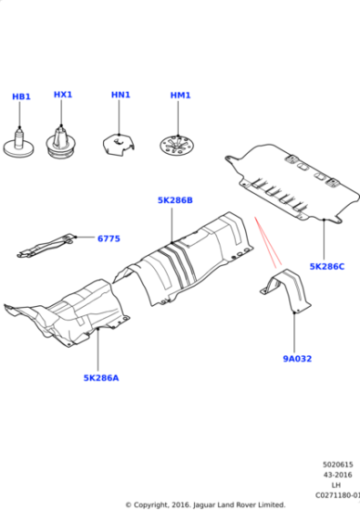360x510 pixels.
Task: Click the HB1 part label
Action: point(21,97)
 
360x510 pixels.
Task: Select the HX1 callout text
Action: point(63,95)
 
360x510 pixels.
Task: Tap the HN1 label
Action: point(120,95)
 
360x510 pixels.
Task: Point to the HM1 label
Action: point(180,96)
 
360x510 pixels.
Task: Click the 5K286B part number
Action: point(175,200)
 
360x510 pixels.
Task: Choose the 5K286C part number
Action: point(327,266)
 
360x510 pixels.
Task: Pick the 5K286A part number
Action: point(101,378)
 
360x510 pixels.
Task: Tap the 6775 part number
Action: point(108,239)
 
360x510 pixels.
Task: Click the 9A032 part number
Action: point(297,359)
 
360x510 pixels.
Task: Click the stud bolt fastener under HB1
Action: point(19,144)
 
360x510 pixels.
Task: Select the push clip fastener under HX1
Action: point(61,142)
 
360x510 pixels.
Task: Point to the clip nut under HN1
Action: point(118,145)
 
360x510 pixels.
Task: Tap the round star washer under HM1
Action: point(177,147)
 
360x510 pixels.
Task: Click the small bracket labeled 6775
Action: point(46,246)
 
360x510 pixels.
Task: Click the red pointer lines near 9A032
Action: point(268,242)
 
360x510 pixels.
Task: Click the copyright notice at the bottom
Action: point(205,505)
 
